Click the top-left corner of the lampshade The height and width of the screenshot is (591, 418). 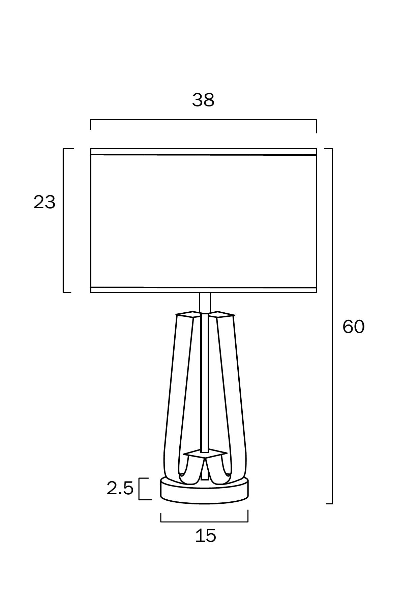pos(91,149)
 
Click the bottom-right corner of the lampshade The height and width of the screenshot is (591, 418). pos(317,292)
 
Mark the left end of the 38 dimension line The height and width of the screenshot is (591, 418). pos(90,120)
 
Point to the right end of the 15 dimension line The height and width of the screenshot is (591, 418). pos(248,522)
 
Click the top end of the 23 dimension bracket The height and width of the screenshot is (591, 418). pos(64,149)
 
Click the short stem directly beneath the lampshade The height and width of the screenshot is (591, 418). pos(205,302)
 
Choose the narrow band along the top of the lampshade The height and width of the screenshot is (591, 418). pos(204,152)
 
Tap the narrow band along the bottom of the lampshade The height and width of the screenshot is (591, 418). pos(204,290)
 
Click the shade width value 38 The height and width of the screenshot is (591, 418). pos(203,100)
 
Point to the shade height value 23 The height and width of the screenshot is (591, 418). pos(44,203)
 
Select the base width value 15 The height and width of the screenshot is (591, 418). pos(205,535)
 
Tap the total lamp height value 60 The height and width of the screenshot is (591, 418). pos(353,327)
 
